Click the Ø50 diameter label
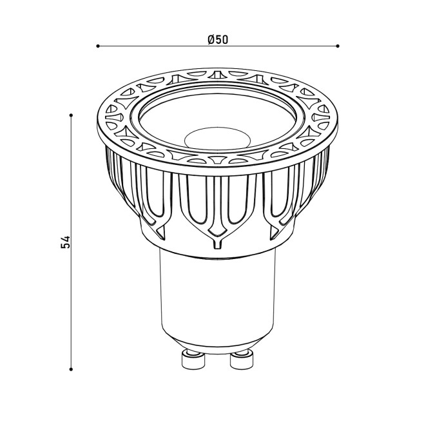(x=218, y=39)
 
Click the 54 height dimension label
(x=66, y=242)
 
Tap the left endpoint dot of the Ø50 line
(x=98, y=46)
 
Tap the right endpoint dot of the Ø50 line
(x=337, y=46)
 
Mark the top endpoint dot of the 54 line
(x=72, y=115)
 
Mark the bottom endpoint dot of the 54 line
(x=72, y=369)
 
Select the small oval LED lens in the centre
(x=218, y=138)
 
